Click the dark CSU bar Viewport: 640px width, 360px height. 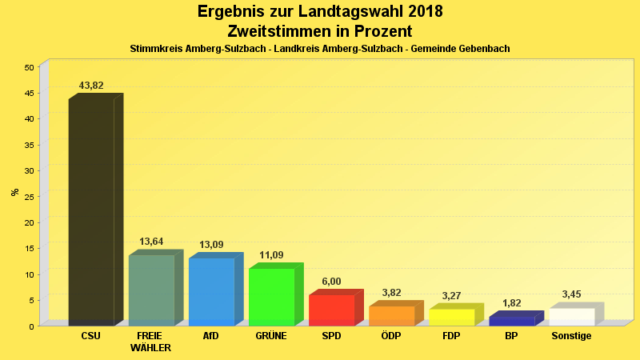coord(91,212)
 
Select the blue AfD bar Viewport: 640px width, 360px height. coord(211,292)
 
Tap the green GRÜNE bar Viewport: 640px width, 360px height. coord(271,297)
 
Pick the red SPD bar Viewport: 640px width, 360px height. coord(331,310)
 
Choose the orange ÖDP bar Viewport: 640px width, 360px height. coord(391,316)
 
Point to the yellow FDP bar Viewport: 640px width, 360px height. coord(451,318)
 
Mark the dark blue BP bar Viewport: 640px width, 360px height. coord(511,322)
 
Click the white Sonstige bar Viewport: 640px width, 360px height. coord(571,317)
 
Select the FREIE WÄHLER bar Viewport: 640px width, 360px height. coord(151,290)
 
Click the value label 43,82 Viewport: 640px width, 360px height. coord(91,86)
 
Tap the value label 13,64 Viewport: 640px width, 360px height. coord(151,242)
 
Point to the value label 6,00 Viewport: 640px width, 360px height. coord(331,282)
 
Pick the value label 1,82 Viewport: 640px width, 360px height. coord(511,303)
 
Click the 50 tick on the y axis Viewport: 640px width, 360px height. coord(29,67)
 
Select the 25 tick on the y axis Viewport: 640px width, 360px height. coord(29,197)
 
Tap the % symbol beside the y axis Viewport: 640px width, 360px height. coord(14,192)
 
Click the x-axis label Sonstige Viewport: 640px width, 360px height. coord(571,336)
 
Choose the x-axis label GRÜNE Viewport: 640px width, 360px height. coord(271,336)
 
